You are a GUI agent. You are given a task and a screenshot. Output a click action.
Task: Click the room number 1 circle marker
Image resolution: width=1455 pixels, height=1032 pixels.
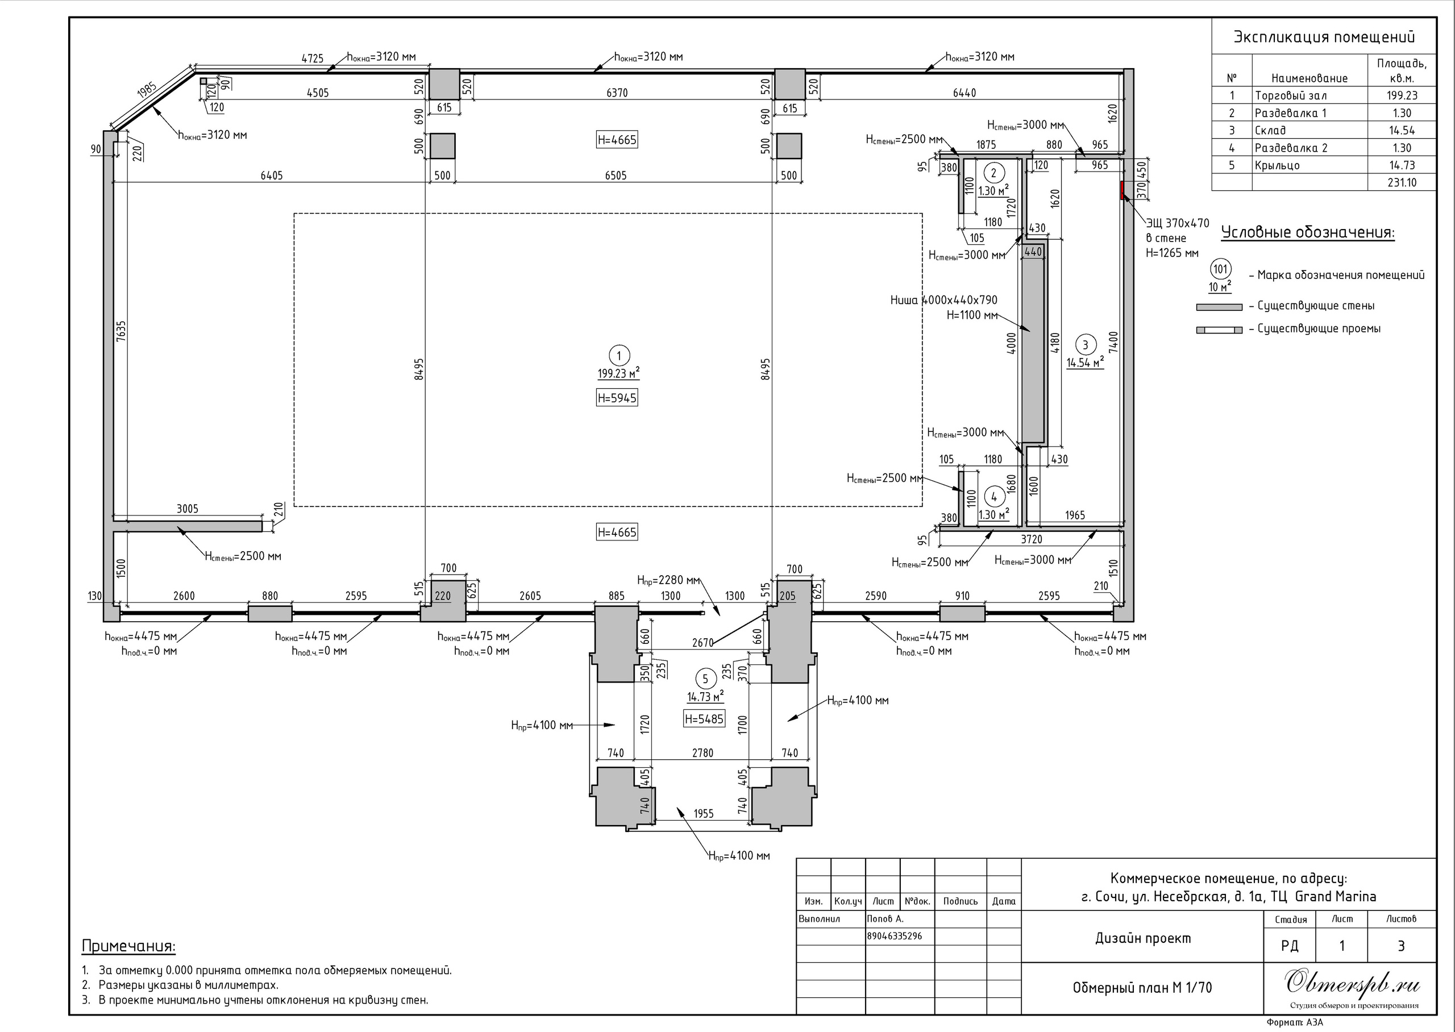click(619, 355)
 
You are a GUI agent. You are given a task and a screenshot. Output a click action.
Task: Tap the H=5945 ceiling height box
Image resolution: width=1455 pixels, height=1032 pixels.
click(617, 398)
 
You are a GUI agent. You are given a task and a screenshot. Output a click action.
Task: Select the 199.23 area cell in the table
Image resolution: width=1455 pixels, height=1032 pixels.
click(1402, 95)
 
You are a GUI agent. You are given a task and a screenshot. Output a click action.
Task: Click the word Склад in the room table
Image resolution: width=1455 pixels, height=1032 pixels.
click(1270, 130)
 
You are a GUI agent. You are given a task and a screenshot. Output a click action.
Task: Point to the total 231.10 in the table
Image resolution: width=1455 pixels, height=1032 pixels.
click(1402, 182)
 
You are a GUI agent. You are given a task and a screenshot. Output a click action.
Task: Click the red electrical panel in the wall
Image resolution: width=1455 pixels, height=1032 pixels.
click(1122, 190)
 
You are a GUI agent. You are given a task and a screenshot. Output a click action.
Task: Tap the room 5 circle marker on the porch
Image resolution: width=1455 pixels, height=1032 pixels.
click(705, 679)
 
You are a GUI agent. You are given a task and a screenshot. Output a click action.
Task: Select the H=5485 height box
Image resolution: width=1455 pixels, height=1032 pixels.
click(704, 719)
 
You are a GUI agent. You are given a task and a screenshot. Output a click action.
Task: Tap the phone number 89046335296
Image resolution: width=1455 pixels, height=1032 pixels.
click(894, 936)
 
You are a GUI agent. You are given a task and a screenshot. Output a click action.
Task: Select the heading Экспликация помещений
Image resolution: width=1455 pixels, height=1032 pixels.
click(1324, 37)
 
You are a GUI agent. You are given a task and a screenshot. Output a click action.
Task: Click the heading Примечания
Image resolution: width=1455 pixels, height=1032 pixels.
click(128, 946)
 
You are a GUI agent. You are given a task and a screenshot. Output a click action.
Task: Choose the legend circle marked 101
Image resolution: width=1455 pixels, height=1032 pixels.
click(1220, 269)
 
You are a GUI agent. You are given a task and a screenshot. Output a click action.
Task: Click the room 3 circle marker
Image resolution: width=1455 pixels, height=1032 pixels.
click(1085, 344)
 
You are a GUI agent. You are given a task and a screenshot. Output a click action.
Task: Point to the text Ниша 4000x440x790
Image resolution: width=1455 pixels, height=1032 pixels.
click(943, 300)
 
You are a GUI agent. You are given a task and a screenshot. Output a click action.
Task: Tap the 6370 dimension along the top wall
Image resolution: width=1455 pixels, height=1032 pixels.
click(617, 93)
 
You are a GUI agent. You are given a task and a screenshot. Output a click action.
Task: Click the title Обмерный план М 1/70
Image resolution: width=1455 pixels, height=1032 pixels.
click(1142, 988)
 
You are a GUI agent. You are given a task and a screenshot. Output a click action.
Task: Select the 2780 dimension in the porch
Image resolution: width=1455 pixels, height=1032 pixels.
click(702, 753)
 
